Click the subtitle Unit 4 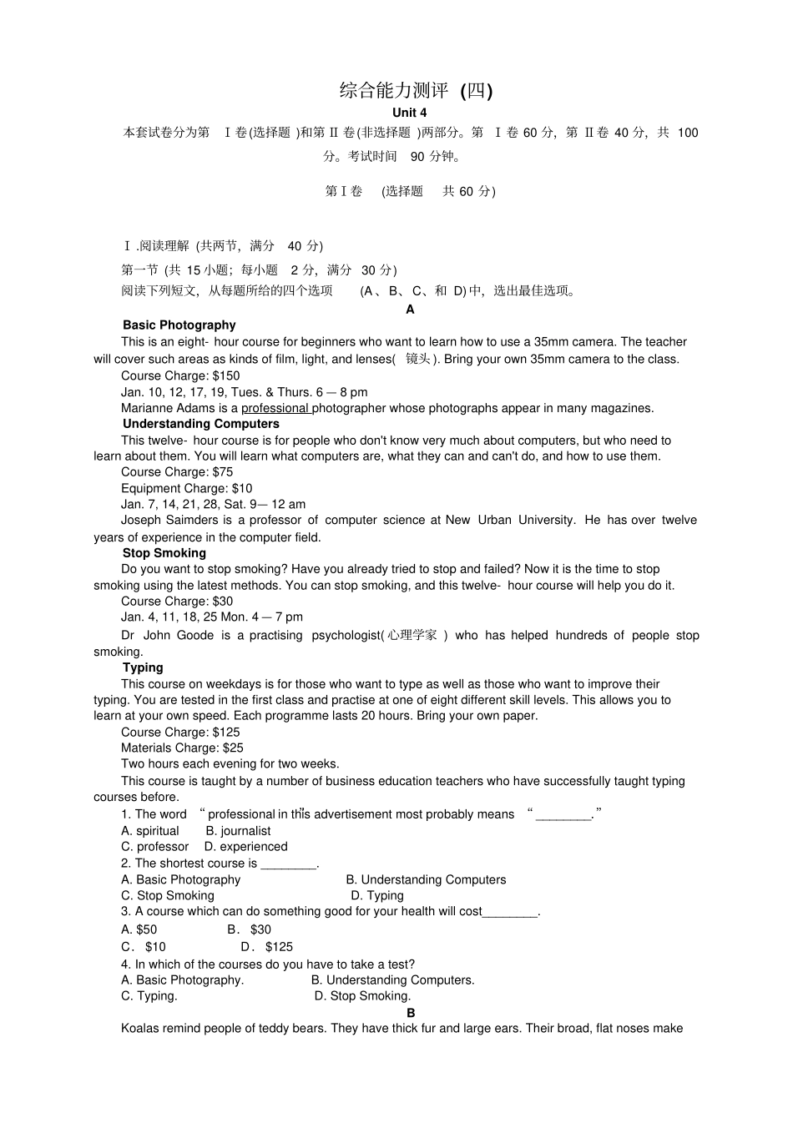[409, 113]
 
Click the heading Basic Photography [179, 325]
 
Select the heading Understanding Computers [200, 424]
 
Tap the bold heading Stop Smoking [164, 553]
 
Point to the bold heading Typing [143, 667]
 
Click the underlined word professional [275, 409]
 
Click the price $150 [226, 376]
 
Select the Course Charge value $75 [223, 472]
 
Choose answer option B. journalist [238, 831]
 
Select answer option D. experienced [245, 847]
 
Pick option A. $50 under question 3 [139, 929]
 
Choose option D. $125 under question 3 [267, 947]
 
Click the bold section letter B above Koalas [411, 1013]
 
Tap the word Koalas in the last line [139, 1029]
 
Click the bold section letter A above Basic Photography [410, 310]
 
